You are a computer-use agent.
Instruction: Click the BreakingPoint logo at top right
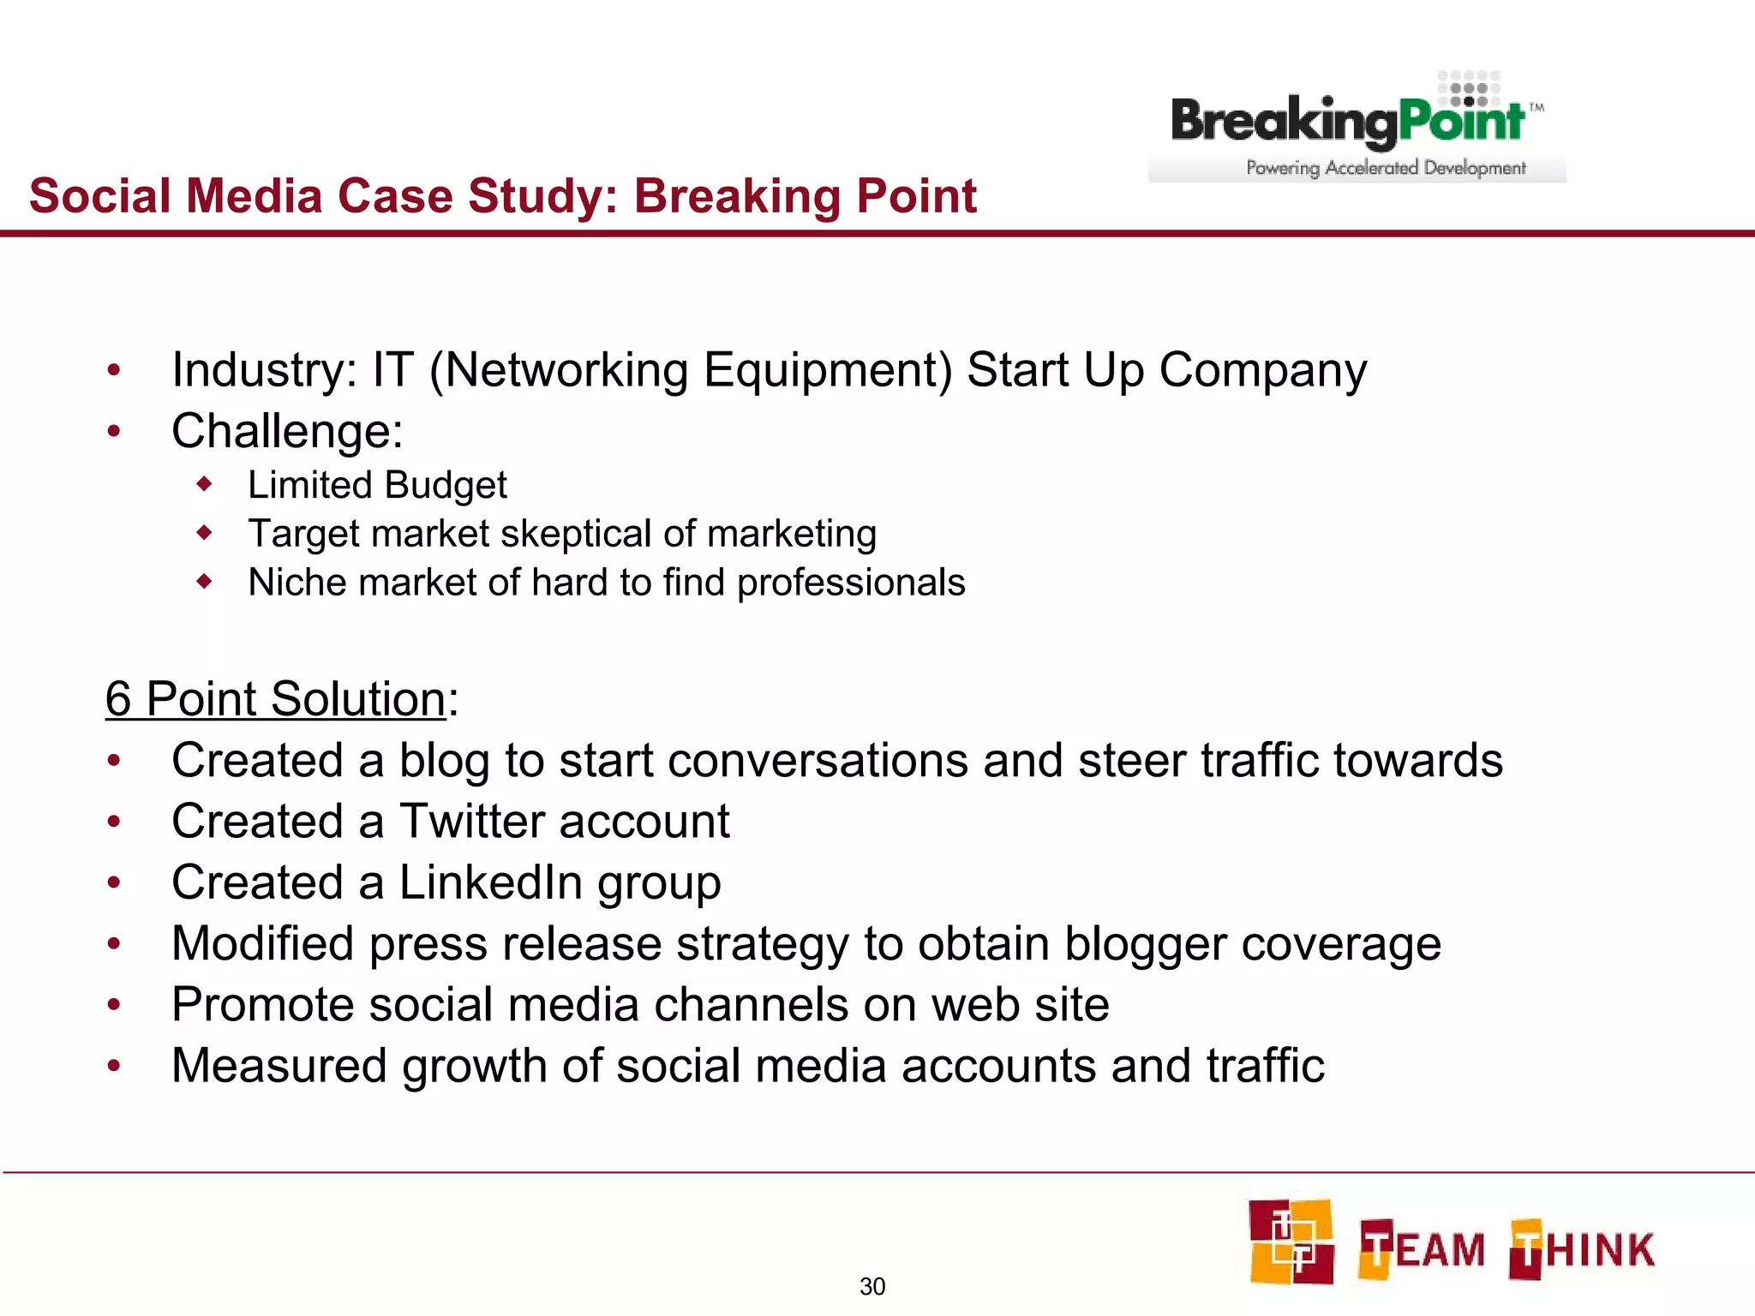[x=1357, y=124]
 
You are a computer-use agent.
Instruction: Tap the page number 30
[x=872, y=1286]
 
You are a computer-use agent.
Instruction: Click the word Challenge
[x=280, y=431]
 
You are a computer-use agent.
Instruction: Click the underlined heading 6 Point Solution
[x=275, y=699]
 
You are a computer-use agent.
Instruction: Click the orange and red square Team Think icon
[x=1291, y=1242]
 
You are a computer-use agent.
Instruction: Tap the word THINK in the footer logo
[x=1582, y=1249]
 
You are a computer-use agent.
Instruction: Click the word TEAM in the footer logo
[x=1423, y=1249]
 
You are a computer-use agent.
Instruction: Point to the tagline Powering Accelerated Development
[x=1386, y=168]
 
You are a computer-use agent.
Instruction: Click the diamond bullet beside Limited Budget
[x=204, y=485]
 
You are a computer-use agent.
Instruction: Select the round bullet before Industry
[x=114, y=370]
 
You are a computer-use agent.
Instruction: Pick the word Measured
[x=279, y=1066]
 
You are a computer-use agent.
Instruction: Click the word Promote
[x=262, y=1005]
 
